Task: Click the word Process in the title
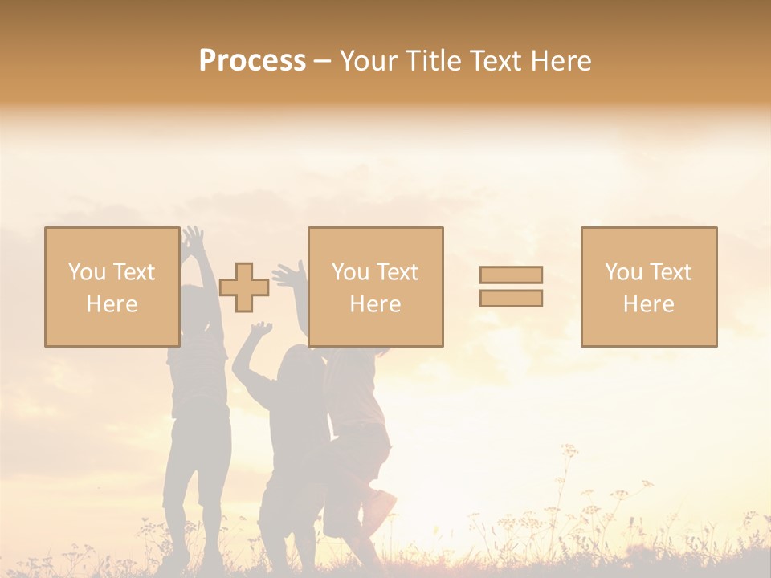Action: [252, 60]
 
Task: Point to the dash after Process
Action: [323, 62]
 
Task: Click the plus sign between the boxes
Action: [244, 287]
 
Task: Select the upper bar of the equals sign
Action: [511, 275]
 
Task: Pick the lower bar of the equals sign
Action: [511, 299]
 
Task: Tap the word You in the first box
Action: [87, 272]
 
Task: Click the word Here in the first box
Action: [112, 304]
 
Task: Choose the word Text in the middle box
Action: [397, 272]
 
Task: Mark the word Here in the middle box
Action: [375, 304]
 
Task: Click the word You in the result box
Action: [623, 272]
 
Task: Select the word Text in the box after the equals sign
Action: [670, 272]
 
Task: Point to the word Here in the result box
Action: [648, 304]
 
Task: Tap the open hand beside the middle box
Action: [288, 275]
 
